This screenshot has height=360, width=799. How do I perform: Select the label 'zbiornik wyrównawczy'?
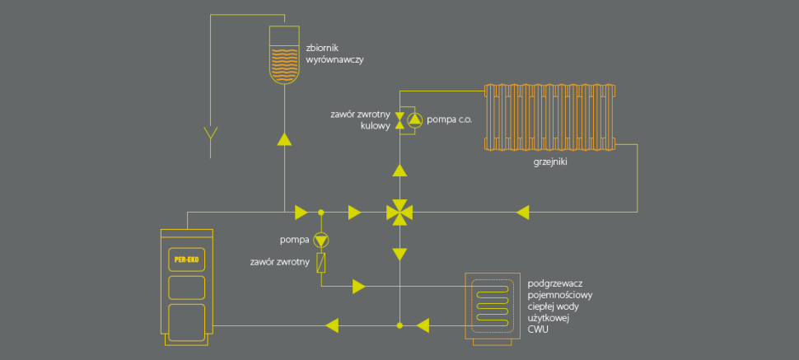(x=334, y=54)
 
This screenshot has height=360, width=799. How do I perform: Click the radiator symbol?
(x=549, y=117)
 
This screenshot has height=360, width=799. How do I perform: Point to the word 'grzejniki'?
(x=551, y=162)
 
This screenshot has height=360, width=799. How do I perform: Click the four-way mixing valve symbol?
(x=399, y=213)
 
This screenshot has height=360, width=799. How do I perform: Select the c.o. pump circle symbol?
(x=415, y=120)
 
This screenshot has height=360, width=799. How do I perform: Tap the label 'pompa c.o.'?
(x=450, y=120)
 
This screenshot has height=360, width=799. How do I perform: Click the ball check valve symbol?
(x=399, y=120)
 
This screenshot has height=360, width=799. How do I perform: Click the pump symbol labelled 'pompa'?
(x=321, y=240)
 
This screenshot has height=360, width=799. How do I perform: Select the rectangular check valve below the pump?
(x=321, y=263)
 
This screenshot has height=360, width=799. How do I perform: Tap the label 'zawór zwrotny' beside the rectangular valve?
(x=280, y=263)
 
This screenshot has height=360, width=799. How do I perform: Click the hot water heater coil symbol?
(x=491, y=303)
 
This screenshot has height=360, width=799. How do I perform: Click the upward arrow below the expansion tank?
(x=284, y=139)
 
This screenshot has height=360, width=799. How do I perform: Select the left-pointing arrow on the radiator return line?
(x=522, y=213)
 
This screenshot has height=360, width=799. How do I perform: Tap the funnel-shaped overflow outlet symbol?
(x=211, y=133)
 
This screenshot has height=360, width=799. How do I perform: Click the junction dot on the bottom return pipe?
(x=399, y=325)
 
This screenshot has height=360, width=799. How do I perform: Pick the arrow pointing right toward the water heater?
(x=359, y=286)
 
